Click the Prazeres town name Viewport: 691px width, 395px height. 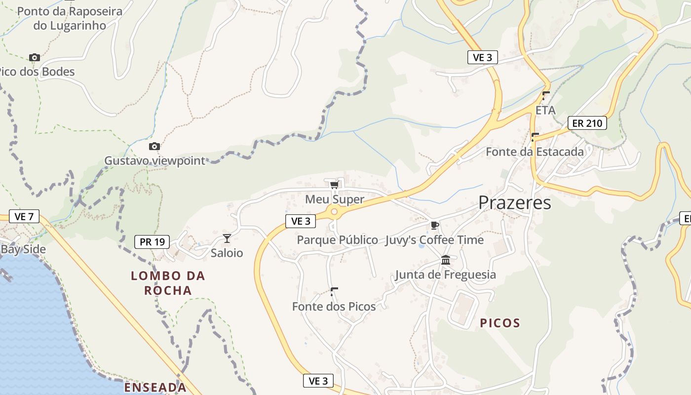(x=515, y=202)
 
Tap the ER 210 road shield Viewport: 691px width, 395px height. (x=587, y=123)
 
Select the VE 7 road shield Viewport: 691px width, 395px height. (x=24, y=216)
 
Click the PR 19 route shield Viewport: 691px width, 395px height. (x=152, y=242)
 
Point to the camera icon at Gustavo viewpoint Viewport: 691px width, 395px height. (x=154, y=146)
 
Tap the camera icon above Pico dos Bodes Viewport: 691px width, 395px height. (x=34, y=57)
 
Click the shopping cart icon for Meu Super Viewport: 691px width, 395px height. (x=335, y=185)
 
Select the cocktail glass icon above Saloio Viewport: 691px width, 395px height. (x=227, y=238)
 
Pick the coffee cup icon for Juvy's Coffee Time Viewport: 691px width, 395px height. (x=434, y=225)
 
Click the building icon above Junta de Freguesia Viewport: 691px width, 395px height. (x=446, y=260)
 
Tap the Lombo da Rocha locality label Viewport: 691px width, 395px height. (x=168, y=283)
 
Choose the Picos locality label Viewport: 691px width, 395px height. (x=500, y=323)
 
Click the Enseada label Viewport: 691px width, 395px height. (x=155, y=388)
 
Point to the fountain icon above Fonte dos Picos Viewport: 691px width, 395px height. (x=334, y=291)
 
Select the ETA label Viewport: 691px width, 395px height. (x=545, y=110)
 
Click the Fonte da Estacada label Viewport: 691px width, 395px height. (x=535, y=152)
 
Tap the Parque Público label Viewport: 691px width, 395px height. (x=337, y=240)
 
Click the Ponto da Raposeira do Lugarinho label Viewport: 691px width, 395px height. (x=70, y=18)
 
